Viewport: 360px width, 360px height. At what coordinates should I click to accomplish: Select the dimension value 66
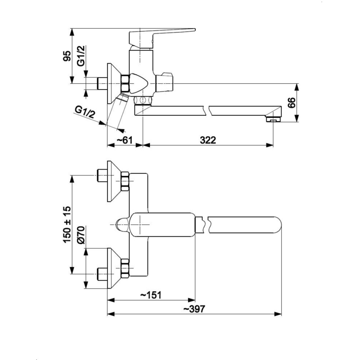tap(291, 103)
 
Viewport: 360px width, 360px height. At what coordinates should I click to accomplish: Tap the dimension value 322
tap(207, 140)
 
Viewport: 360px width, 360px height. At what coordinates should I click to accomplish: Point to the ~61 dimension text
tap(124, 140)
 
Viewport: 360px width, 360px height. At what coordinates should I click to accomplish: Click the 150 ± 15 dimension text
tap(67, 225)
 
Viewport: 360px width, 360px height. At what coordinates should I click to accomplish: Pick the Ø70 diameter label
tap(80, 235)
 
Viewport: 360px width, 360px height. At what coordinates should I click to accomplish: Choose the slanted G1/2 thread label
tap(85, 112)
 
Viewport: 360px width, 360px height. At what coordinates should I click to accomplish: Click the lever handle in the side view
tap(162, 34)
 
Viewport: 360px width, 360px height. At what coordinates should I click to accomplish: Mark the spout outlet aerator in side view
tap(273, 120)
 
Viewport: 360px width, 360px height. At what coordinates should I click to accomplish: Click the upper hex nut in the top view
tap(125, 182)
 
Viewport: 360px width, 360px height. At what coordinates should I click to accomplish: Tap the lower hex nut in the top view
tap(125, 269)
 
